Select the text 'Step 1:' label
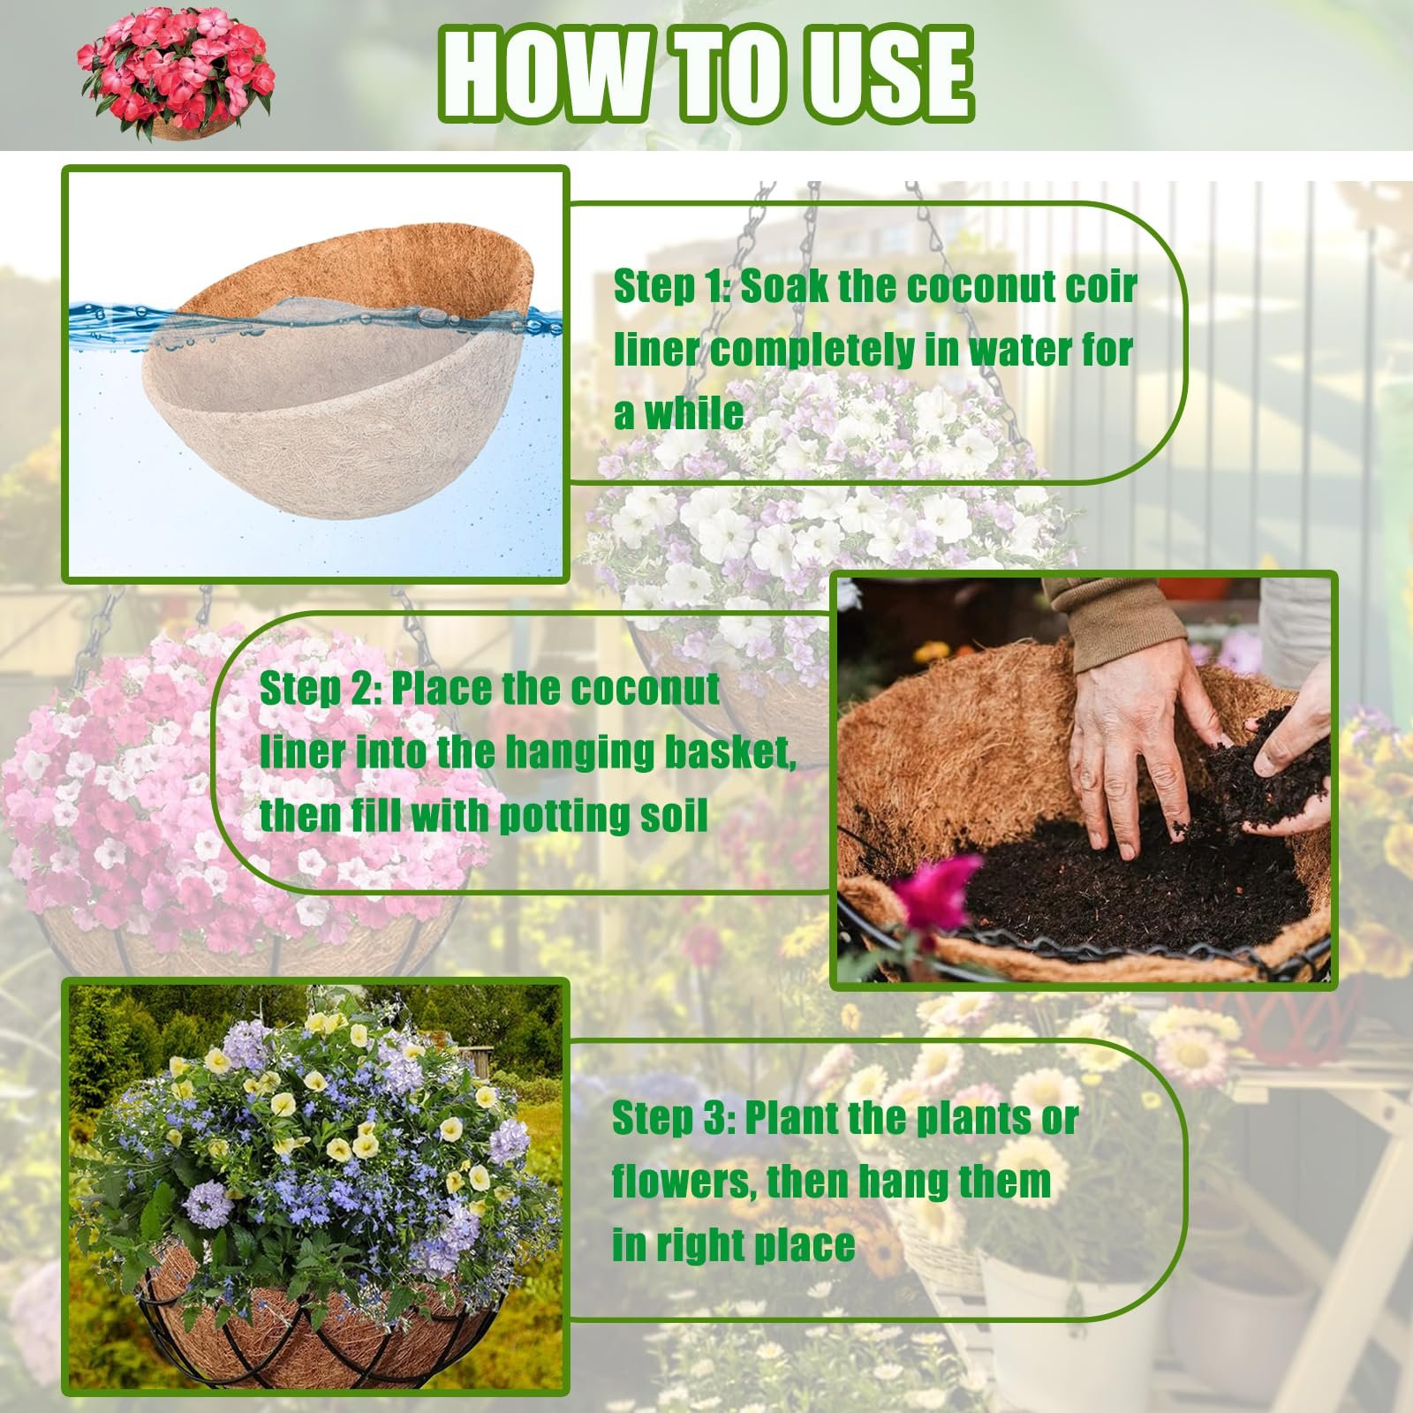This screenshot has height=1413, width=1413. [x=671, y=288]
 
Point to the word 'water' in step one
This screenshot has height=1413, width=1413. [x=1017, y=350]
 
